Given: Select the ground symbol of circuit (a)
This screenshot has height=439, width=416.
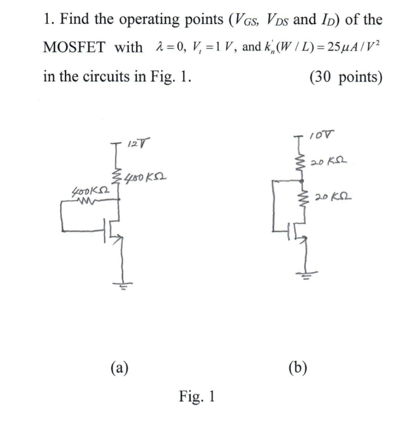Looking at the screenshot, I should point(124,285).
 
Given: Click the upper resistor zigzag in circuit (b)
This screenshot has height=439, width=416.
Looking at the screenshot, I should point(305,162).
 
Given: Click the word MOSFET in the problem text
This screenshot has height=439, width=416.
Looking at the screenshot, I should point(74,47).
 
